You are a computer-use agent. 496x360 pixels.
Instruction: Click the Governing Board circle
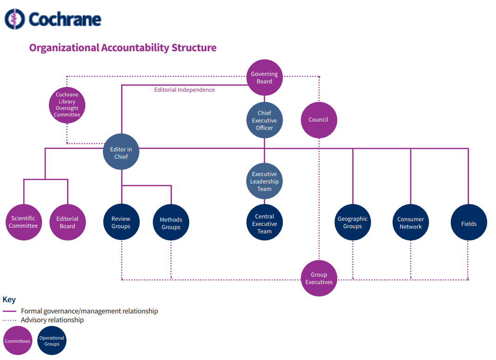click(265, 77)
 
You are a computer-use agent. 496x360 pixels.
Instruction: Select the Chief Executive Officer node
click(265, 120)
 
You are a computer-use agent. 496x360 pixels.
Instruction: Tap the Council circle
click(319, 120)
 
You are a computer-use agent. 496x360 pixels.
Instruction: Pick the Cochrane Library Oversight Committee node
click(67, 105)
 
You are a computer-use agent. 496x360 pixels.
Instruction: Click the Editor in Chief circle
click(121, 152)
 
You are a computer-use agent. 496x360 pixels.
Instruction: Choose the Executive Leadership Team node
click(265, 181)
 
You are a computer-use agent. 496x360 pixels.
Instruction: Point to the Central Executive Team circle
click(265, 223)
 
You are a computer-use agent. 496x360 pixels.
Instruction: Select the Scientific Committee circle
click(23, 222)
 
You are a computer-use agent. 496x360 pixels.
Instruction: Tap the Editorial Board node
click(68, 222)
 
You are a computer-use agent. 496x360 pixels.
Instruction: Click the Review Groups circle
click(121, 222)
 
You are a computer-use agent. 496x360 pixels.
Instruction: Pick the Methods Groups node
click(171, 223)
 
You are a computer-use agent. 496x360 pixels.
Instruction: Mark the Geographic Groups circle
click(353, 222)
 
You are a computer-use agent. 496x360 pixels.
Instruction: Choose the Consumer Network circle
click(410, 223)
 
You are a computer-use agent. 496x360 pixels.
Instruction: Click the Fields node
click(469, 223)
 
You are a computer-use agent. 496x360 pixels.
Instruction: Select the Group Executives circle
click(319, 278)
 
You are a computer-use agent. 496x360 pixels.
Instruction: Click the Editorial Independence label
click(184, 90)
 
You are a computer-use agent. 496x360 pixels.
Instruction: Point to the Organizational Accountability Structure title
click(122, 48)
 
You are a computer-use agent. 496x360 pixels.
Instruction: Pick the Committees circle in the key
click(18, 341)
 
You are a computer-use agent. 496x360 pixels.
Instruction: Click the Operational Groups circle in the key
click(52, 341)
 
